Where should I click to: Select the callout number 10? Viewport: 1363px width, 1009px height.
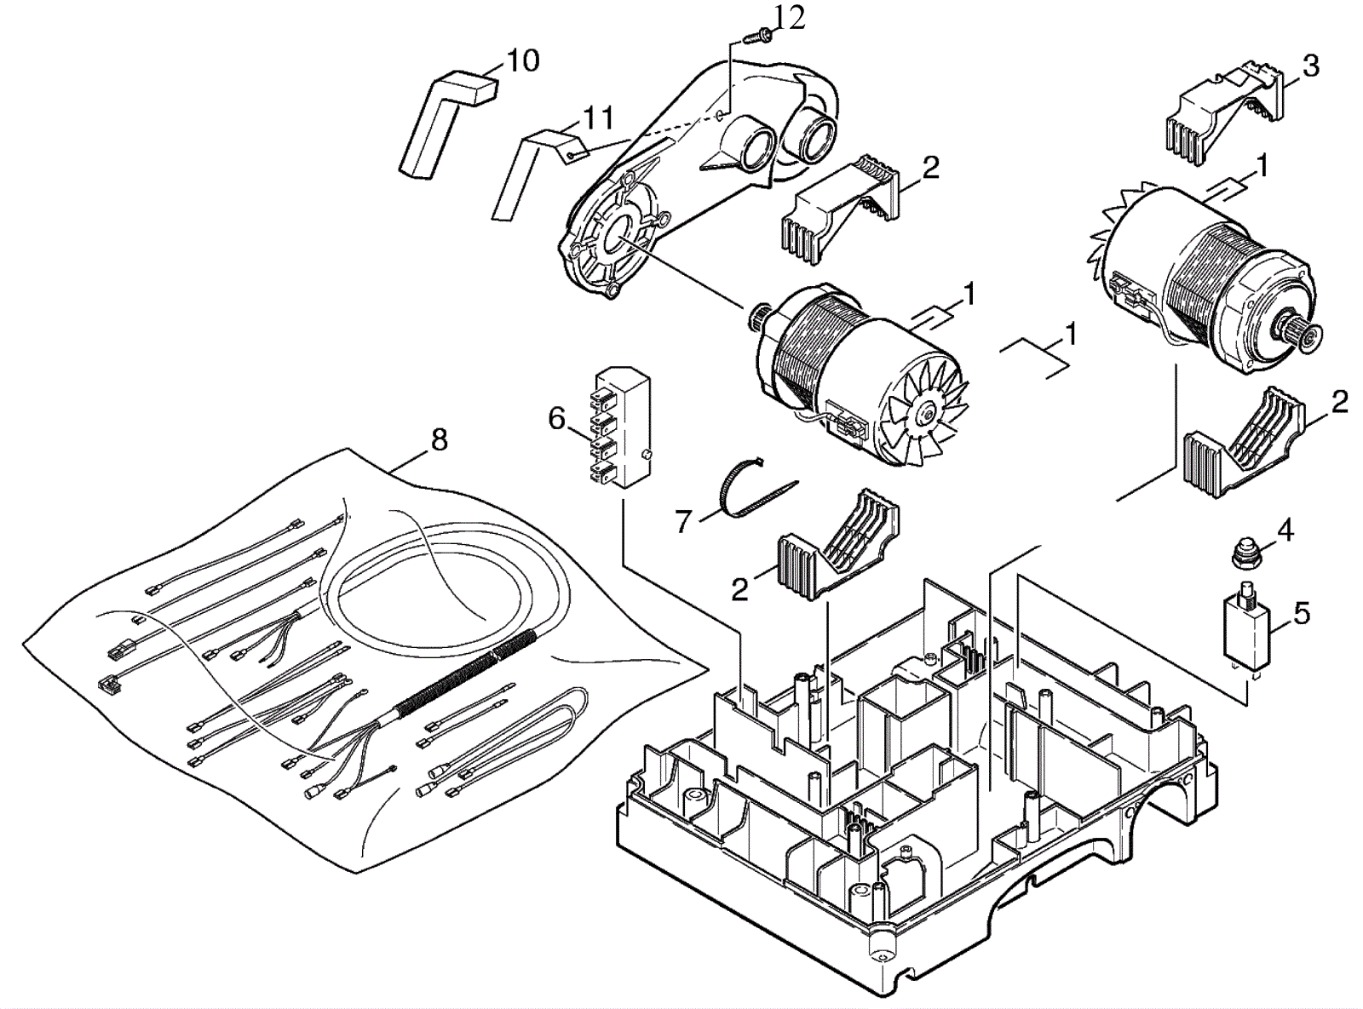(x=522, y=60)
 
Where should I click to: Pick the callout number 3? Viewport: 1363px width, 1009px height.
(x=1310, y=66)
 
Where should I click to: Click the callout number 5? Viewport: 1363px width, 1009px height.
(x=1301, y=613)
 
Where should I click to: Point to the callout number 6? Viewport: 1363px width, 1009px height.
(x=556, y=418)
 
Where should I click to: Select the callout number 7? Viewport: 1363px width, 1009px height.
(x=682, y=521)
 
